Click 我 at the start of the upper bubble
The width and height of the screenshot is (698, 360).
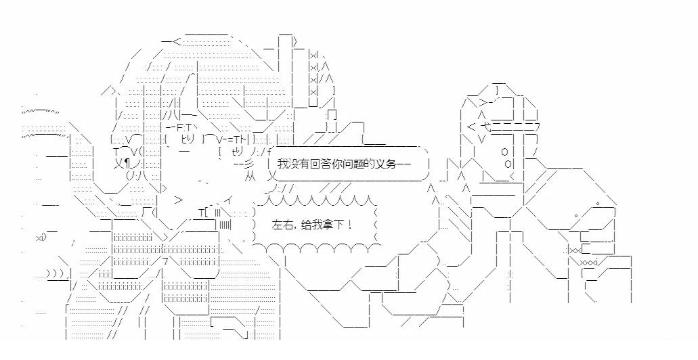282,164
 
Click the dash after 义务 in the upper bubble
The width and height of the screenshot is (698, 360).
402,164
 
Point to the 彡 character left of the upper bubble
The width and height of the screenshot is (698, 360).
248,164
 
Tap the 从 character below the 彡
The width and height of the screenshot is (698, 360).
249,177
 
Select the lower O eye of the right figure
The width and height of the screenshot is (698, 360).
508,163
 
